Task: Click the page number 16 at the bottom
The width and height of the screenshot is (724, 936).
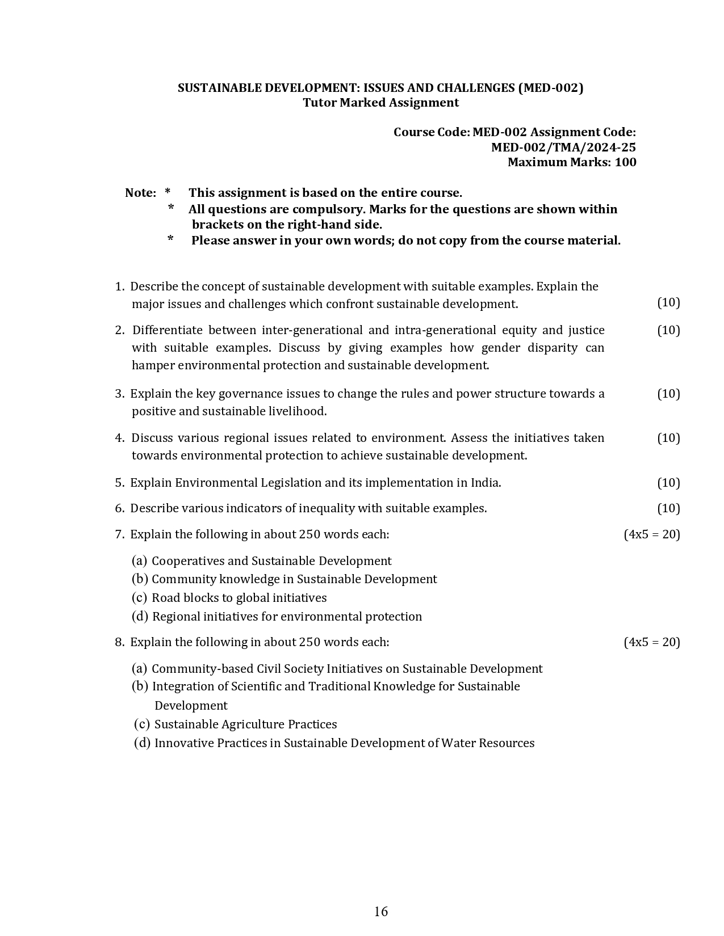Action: click(381, 911)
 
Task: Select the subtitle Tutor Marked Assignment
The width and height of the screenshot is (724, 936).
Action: click(380, 103)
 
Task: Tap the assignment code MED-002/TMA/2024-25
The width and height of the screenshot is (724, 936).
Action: click(563, 147)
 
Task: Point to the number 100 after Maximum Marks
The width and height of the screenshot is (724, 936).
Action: click(625, 162)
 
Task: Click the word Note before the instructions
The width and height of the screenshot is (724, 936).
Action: click(140, 193)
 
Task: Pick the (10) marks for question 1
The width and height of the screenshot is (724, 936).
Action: click(668, 302)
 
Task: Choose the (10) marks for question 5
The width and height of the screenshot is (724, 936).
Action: click(668, 483)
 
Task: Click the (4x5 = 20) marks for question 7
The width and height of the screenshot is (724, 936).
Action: click(651, 534)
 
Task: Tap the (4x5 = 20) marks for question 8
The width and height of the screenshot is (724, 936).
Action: click(651, 642)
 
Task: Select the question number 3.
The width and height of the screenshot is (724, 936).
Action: click(119, 394)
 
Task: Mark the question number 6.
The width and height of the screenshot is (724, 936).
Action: click(119, 508)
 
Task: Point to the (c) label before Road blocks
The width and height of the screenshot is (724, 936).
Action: click(139, 598)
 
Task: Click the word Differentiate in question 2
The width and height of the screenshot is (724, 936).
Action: click(167, 330)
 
